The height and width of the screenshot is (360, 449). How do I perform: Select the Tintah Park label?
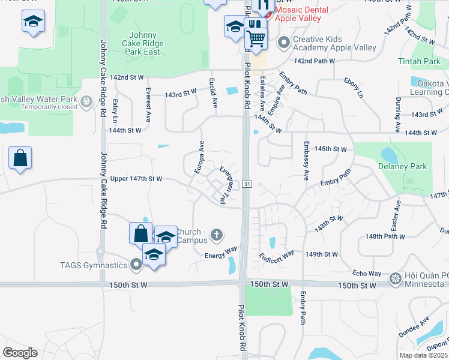click(419, 61)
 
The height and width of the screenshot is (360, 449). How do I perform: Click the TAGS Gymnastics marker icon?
click(136, 264)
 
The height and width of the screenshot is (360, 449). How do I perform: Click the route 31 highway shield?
click(247, 184)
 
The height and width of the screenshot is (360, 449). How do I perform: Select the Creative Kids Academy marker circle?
click(283, 43)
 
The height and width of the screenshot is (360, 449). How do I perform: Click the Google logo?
click(20, 353)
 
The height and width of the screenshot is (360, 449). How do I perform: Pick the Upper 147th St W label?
click(137, 179)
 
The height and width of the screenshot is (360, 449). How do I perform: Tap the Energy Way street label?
click(221, 253)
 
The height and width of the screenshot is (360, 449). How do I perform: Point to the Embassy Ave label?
click(306, 161)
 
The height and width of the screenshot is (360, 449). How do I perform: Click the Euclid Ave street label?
click(213, 93)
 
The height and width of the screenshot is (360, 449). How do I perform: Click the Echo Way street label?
click(367, 273)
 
